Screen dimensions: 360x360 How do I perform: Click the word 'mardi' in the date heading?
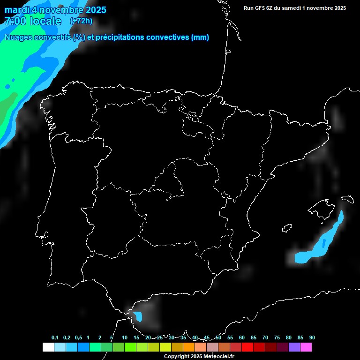pos(17,10)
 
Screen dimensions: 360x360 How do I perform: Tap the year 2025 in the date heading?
pos(93,10)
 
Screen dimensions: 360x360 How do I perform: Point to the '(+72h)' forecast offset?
pos(81,21)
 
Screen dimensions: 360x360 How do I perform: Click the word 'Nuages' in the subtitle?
pos(18,37)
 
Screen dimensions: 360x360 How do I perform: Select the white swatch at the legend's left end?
pos(48,347)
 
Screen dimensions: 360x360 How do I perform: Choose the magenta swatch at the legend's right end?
pos(306,347)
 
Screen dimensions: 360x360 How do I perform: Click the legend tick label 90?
pos(312,337)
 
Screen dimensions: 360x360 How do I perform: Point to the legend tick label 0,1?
pos(54,337)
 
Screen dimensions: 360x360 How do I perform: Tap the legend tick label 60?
pos(241,337)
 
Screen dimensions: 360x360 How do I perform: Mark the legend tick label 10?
pos(124,337)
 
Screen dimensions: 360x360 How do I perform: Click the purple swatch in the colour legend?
pos(294,347)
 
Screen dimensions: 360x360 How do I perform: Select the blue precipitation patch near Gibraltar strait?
pos(138,316)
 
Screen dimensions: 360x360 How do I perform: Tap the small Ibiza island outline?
pos(287,228)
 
